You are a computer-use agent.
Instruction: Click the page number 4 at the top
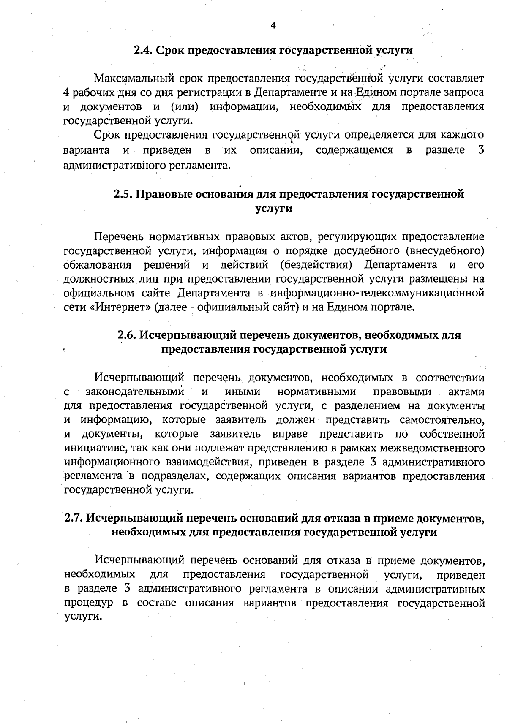pos(273,26)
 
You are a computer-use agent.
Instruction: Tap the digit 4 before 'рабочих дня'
pos(66,93)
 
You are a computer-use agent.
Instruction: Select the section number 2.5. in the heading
pos(123,194)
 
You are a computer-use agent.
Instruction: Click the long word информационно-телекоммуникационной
pos(377,293)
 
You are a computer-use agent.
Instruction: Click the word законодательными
pos(135,392)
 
